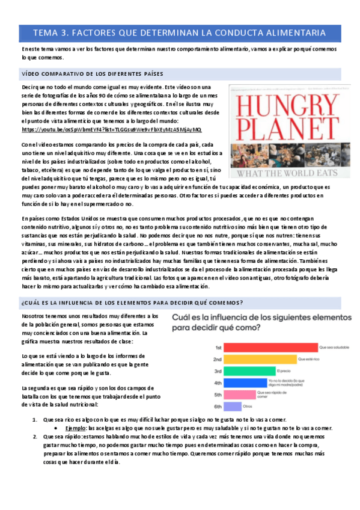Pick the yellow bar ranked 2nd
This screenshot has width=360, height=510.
[261, 359]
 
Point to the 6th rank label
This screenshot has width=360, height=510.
[219, 406]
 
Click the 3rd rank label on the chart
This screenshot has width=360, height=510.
[219, 371]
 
